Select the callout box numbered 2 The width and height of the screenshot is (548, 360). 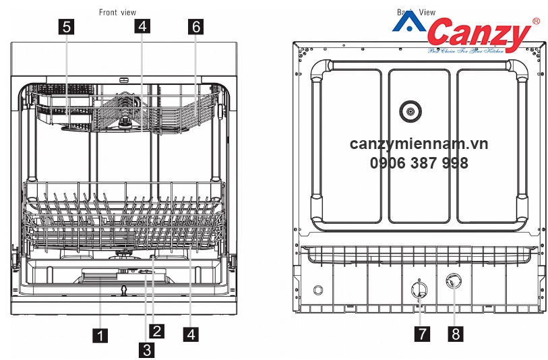pos(156,330)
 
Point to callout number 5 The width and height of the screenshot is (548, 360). pos(66,26)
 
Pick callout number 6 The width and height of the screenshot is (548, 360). pos(195,26)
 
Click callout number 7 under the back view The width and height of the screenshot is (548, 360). pos(420,334)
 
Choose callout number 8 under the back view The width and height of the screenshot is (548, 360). pos(456,334)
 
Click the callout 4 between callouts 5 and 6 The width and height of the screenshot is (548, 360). pos(142,26)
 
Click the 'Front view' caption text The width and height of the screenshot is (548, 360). pos(117,12)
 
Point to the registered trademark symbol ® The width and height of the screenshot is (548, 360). pos(536,22)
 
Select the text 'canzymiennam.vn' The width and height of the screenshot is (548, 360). pos(419,144)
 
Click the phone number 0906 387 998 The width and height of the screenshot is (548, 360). pos(419,162)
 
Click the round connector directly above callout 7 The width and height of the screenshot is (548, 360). pos(419,291)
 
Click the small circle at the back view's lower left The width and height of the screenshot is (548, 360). pos(318,290)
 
